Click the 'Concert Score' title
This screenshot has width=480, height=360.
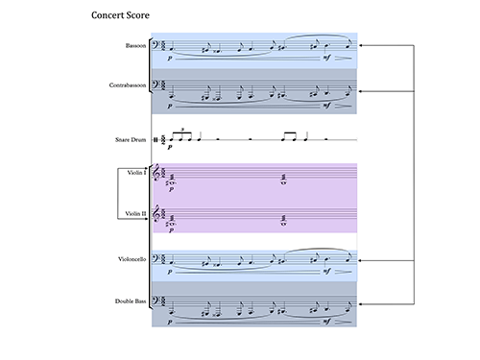(x=120, y=15)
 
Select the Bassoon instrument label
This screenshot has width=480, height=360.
(x=135, y=45)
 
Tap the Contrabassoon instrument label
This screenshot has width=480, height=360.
(x=128, y=85)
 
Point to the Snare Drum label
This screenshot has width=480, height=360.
(x=131, y=139)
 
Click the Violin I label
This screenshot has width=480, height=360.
(x=136, y=173)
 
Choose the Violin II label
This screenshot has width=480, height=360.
(x=135, y=213)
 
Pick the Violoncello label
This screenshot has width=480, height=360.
(x=132, y=259)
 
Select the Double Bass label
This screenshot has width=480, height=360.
(x=131, y=301)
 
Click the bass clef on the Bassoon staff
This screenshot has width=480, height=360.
(x=156, y=45)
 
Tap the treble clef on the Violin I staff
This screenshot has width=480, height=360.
(x=156, y=173)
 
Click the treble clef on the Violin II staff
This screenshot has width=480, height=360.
(x=156, y=214)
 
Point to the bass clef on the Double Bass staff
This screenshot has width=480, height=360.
(x=156, y=301)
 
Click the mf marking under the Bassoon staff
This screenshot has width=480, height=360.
(x=326, y=58)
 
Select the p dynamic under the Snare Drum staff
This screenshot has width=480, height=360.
(x=170, y=147)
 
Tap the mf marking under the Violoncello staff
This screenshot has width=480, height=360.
(x=326, y=271)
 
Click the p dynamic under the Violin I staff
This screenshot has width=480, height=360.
(x=172, y=189)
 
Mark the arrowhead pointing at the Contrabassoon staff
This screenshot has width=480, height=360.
(x=360, y=91)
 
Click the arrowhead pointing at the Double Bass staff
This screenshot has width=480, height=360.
(x=360, y=304)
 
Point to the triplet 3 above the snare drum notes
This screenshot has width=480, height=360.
(x=182, y=130)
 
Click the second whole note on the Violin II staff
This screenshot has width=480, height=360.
(x=283, y=224)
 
